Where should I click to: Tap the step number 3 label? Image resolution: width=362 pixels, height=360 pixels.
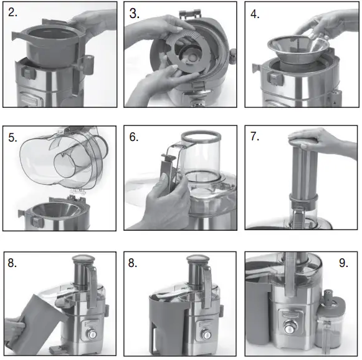coord(135,14)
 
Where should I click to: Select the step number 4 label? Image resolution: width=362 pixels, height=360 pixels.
coord(255,14)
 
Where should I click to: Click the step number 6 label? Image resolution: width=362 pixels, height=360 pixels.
coord(135,137)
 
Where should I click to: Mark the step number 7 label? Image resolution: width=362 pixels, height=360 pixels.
coord(255,137)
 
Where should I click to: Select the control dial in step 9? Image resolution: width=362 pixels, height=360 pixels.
coord(289,326)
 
